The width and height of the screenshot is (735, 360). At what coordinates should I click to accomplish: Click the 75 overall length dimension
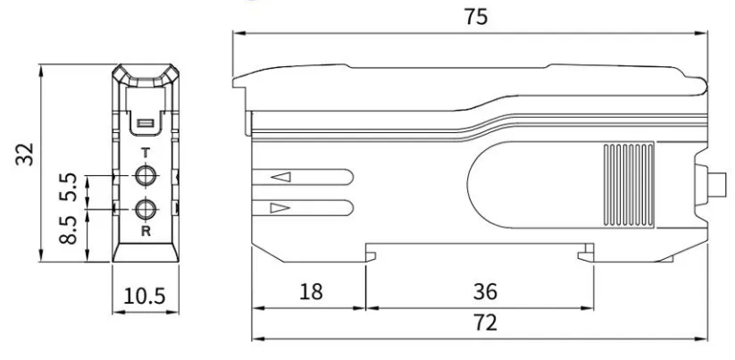(476, 16)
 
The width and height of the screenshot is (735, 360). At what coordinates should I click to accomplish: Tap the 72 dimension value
(485, 323)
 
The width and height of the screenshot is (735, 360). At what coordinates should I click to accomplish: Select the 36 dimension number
(485, 291)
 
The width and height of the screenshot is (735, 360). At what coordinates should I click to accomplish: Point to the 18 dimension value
(311, 291)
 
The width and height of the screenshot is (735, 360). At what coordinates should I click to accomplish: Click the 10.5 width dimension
(145, 296)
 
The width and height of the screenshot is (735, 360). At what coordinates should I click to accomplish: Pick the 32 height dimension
(25, 155)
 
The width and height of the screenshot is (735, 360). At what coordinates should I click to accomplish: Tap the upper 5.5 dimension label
(69, 187)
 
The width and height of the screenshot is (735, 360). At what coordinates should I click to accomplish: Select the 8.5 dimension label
(69, 230)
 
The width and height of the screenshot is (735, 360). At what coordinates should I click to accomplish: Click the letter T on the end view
(146, 153)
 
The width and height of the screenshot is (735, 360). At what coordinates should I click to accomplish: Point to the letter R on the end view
(146, 231)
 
